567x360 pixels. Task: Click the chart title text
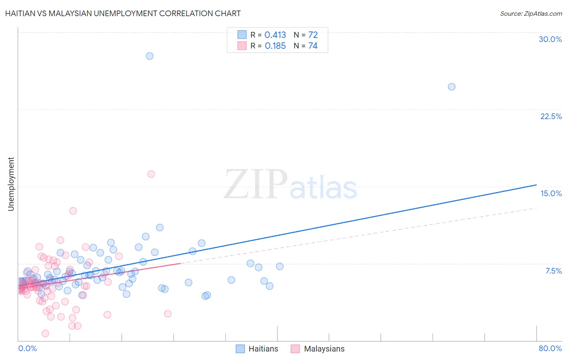coord(123,13)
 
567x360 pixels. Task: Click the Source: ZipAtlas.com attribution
coord(531,13)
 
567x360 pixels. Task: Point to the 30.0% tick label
coord(550,39)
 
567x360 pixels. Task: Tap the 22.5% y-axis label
coord(551,116)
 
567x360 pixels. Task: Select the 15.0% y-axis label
coord(551,193)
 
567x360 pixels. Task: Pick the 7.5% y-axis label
coord(553,271)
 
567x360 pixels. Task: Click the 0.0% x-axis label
coord(27,348)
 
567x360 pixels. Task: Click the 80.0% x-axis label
coord(550,348)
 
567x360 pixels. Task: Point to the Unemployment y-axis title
coord(11,184)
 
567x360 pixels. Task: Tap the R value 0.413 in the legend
coord(275,35)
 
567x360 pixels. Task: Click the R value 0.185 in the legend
coord(275,46)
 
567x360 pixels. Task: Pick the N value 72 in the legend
coord(313,35)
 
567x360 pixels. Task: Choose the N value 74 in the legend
coord(313,46)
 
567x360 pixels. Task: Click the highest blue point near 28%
coord(150,56)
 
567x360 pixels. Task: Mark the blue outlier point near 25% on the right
coord(452,87)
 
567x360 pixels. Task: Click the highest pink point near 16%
coord(151,174)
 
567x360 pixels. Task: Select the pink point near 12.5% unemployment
coord(73,211)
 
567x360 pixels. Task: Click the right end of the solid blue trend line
coord(536,185)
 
